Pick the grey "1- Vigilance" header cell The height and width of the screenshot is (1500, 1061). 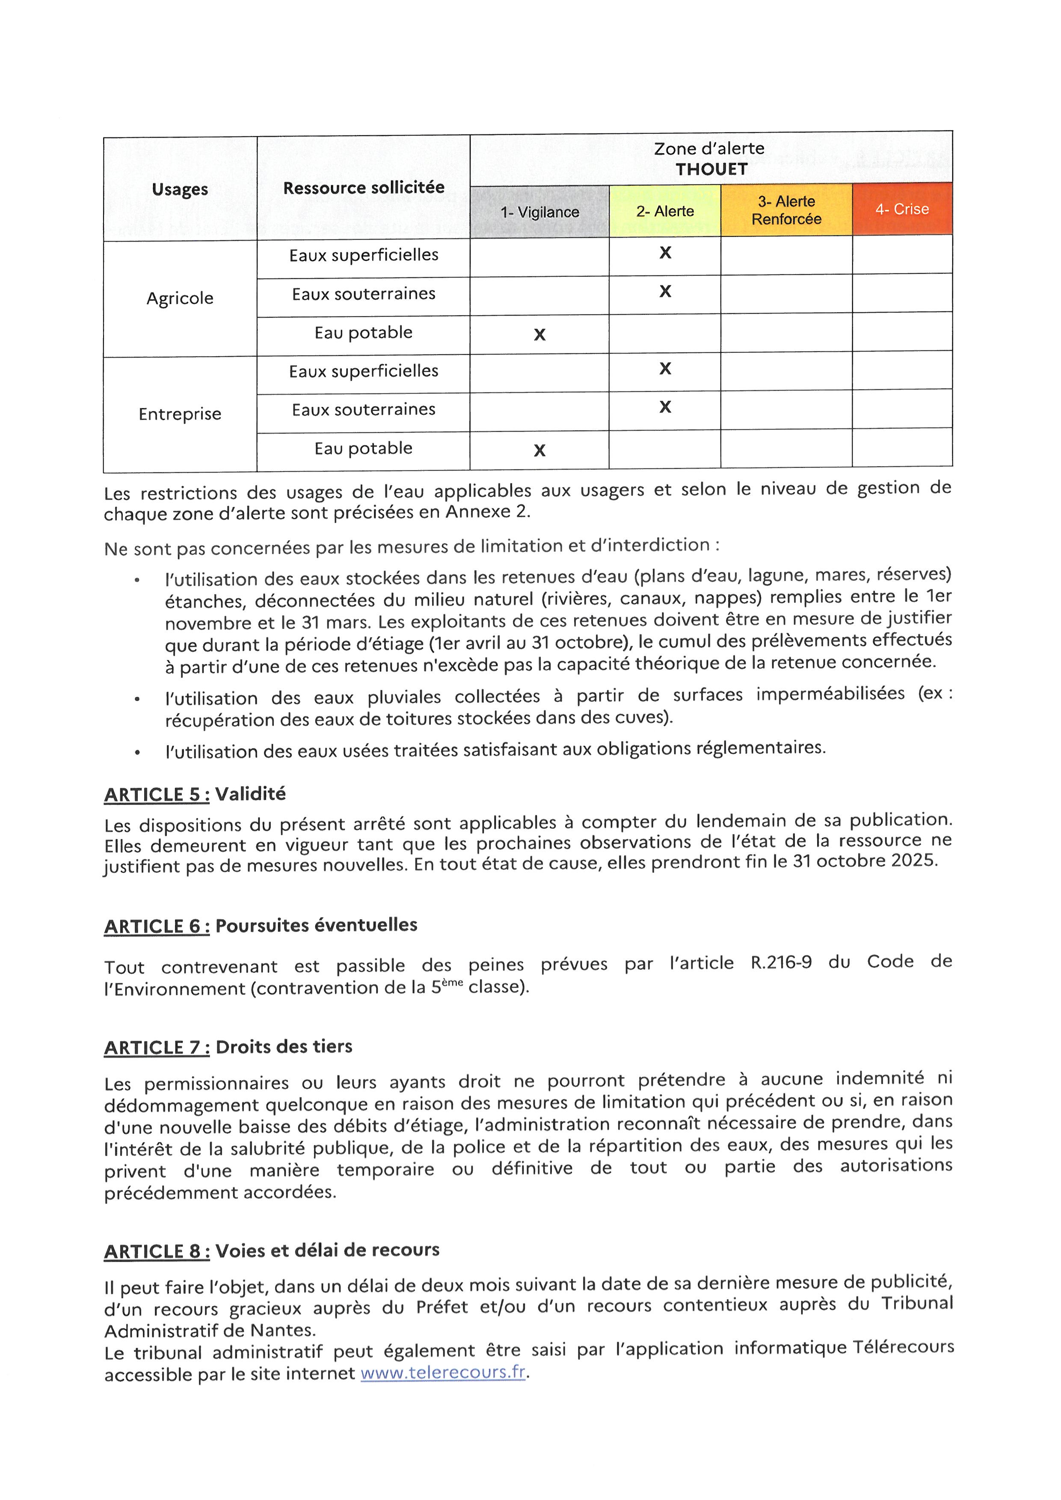click(x=539, y=212)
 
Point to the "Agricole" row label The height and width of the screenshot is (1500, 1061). click(x=180, y=298)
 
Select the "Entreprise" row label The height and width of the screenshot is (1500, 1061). click(x=180, y=414)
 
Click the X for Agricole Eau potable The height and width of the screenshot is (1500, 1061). click(x=539, y=334)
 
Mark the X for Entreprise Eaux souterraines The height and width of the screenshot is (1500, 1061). click(x=665, y=407)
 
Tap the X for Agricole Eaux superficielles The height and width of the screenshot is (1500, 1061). click(x=665, y=253)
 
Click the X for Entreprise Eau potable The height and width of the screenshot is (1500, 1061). click(x=539, y=450)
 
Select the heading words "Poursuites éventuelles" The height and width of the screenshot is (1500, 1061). click(x=316, y=925)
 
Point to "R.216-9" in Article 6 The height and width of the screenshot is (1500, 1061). click(x=781, y=963)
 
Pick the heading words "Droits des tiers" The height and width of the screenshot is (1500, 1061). click(x=284, y=1047)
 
